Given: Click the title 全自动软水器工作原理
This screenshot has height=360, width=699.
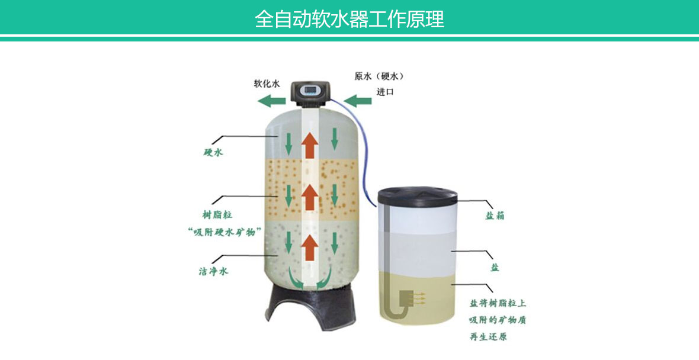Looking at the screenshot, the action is coord(349,19).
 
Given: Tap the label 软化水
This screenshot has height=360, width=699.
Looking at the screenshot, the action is coord(267,83).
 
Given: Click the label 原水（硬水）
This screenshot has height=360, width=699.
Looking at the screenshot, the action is coord(379,76).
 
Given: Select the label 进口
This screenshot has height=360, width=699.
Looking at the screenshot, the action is coord(384,92).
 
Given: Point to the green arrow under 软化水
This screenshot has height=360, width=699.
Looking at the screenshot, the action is coord(271,102).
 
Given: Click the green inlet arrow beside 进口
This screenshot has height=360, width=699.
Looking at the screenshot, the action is coord(358,101).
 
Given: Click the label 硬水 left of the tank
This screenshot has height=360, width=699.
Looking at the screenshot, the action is coord(213,153).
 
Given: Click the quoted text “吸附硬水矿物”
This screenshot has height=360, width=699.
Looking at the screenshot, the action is coord(224,232).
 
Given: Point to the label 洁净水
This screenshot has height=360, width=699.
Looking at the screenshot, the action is coord(213,271).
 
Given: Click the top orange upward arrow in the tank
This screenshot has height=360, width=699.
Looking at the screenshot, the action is coord(309,145).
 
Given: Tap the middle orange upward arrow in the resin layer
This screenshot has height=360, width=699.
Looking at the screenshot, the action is coord(309,197).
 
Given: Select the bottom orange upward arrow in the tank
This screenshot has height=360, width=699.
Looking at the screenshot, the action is coord(309,248).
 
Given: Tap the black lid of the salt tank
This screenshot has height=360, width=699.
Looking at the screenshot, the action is coord(417,197).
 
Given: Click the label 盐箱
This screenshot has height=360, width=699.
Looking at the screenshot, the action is coord(495,216).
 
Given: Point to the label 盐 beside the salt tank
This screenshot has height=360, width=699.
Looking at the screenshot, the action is coord(495,267).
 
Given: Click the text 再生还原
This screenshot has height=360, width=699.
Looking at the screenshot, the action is coord(488,336).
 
